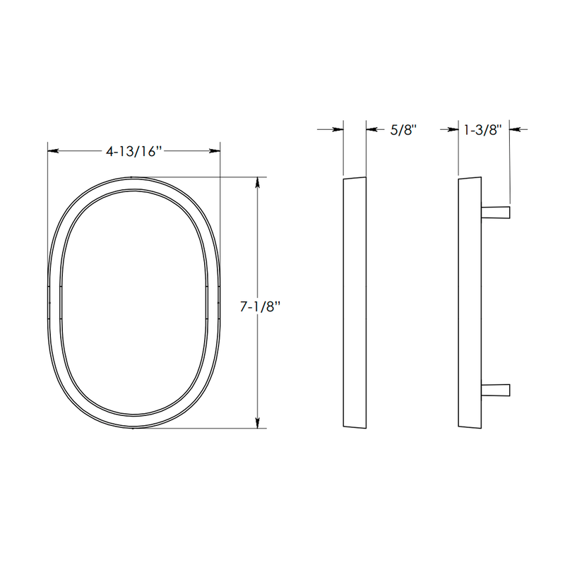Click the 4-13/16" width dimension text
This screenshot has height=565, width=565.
click(x=134, y=151)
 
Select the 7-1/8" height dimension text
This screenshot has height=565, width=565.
click(x=261, y=307)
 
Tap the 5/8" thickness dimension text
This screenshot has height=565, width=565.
click(x=403, y=129)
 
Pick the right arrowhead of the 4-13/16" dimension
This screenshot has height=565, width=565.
click(x=215, y=151)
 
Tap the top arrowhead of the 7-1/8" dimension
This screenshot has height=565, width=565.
click(x=258, y=182)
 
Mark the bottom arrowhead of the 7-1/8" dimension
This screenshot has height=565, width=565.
click(x=258, y=423)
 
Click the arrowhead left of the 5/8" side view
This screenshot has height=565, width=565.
click(x=338, y=129)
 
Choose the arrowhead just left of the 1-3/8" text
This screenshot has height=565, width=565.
click(x=454, y=129)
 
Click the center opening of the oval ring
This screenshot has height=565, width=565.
click(x=134, y=302)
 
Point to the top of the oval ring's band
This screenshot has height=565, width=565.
click(x=134, y=182)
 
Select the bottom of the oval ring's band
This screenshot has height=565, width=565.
click(x=134, y=422)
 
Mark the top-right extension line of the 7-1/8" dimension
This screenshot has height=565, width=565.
click(x=240, y=177)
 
